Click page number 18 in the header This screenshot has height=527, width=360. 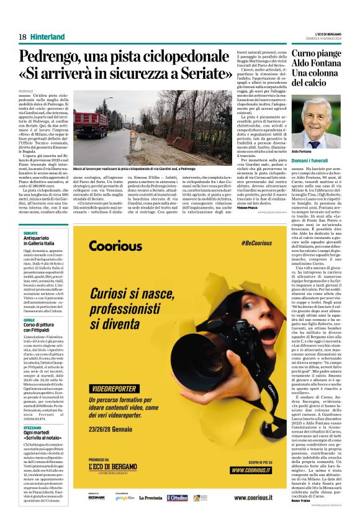pyautogui.click(x=22, y=37)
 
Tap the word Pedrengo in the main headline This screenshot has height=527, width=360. pyautogui.click(x=56, y=56)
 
